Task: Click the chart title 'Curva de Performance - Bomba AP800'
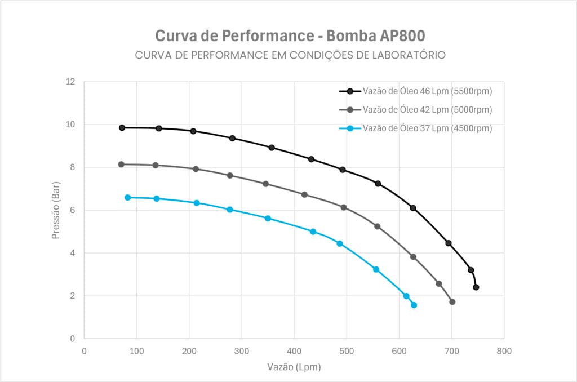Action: click(290, 35)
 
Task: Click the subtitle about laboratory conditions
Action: click(290, 55)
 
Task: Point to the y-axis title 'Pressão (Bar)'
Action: click(55, 210)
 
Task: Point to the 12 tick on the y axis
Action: click(70, 82)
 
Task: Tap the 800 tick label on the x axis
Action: click(504, 350)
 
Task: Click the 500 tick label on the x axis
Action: click(347, 350)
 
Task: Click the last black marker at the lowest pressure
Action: click(476, 287)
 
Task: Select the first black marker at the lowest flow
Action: click(122, 128)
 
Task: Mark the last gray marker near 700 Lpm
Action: click(452, 302)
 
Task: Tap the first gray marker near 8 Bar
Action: click(121, 165)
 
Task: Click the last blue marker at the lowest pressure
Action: click(414, 305)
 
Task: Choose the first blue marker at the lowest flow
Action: click(128, 198)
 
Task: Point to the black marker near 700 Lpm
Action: click(449, 243)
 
